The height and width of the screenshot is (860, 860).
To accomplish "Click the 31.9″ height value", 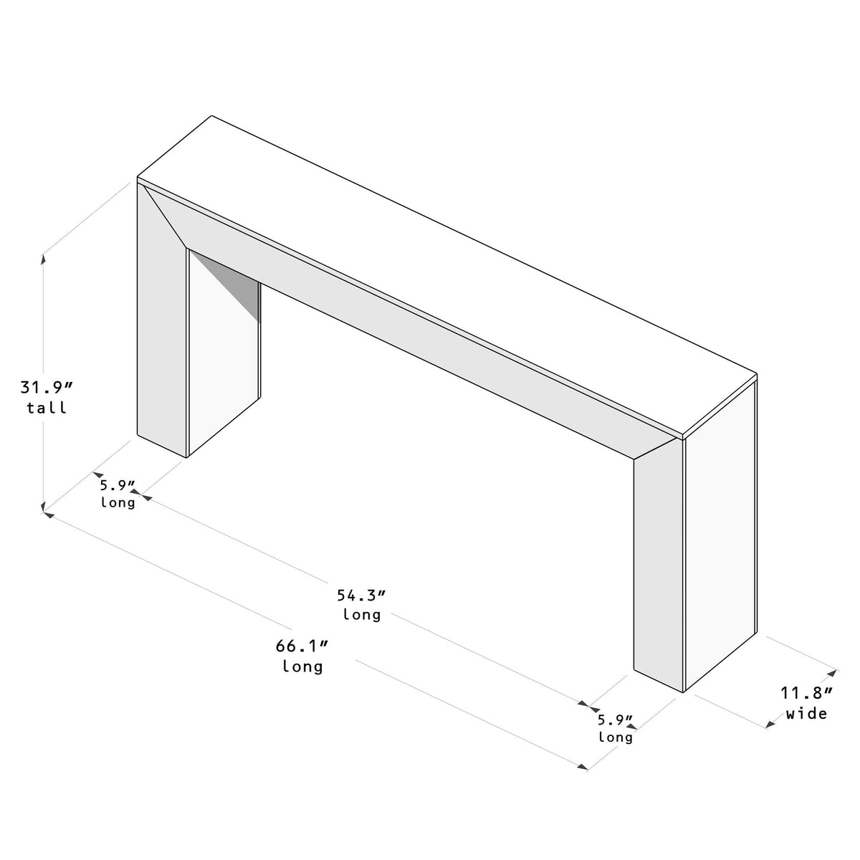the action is coord(46,387).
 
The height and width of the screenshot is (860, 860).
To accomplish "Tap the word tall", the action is coord(47,408).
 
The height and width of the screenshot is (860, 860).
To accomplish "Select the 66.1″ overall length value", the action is coord(302,646).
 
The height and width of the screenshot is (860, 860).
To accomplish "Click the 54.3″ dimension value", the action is coord(360,596).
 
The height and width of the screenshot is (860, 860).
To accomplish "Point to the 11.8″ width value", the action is coord(806,693).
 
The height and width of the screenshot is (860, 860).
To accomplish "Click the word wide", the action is coord(806,714).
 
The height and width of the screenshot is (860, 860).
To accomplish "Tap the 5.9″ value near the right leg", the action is coord(616,720).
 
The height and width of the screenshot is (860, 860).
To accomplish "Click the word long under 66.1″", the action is coord(302,666).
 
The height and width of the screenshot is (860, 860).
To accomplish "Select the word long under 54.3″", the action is coord(361,615).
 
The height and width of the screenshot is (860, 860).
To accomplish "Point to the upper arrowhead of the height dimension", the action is coord(43,259).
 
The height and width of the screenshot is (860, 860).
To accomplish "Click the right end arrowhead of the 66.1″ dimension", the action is coord(583,767).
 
